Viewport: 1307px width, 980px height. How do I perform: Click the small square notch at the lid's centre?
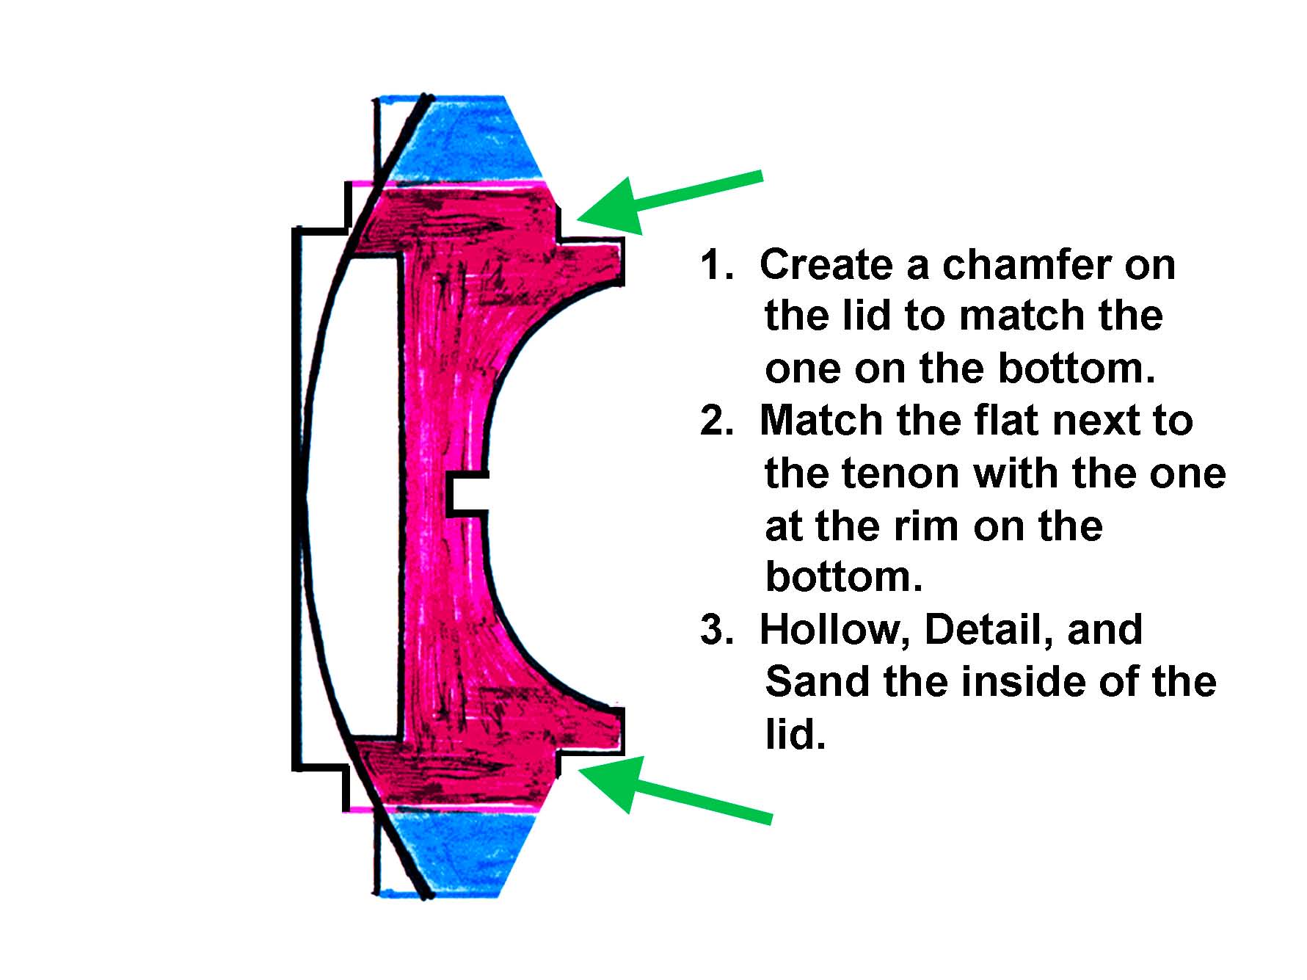tap(467, 493)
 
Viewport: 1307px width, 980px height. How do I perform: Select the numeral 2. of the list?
tap(716, 421)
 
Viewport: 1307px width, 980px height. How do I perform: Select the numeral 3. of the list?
tap(716, 630)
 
